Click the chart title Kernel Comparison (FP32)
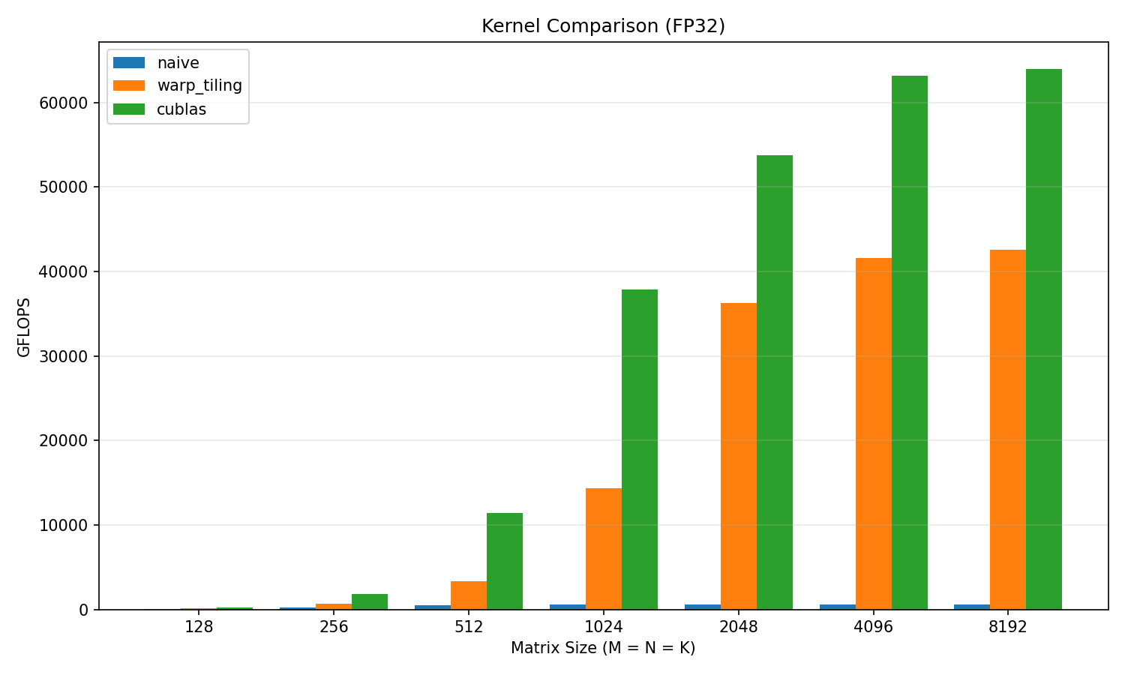click(603, 26)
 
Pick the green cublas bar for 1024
click(639, 449)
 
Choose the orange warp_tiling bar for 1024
click(603, 548)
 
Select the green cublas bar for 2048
click(774, 382)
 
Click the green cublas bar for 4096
click(909, 342)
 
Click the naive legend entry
click(178, 63)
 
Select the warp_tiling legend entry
click(199, 86)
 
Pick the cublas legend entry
click(181, 109)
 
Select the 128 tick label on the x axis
click(199, 627)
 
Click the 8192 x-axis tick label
click(1007, 627)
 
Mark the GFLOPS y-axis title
click(24, 327)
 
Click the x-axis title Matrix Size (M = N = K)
click(603, 648)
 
